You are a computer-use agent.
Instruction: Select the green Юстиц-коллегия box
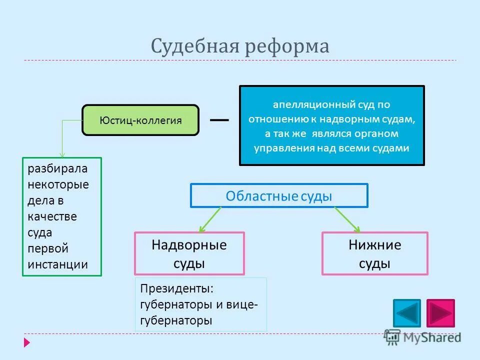[140, 120]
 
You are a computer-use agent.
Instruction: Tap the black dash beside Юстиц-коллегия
[219, 120]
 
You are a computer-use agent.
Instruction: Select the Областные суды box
[279, 195]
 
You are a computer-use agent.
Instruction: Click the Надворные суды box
[189, 253]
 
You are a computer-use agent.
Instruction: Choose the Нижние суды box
[374, 253]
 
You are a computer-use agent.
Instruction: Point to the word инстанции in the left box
[58, 264]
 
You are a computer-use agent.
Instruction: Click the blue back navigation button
[407, 313]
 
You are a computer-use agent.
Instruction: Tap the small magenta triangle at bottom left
[26, 343]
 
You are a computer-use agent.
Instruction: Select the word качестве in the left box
[52, 216]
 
